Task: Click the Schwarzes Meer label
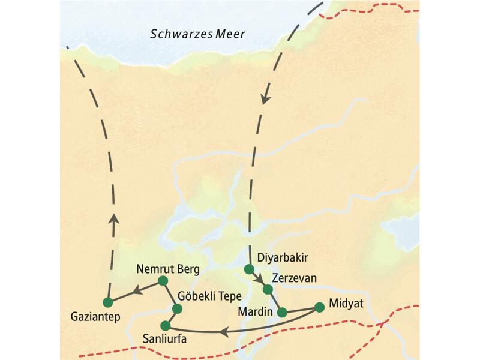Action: click(x=197, y=34)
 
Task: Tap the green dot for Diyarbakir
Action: click(x=249, y=269)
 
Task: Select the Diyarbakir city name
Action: click(x=282, y=258)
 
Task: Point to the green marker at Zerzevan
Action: click(x=268, y=290)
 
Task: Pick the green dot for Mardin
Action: click(x=282, y=312)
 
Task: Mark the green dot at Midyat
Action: click(x=319, y=307)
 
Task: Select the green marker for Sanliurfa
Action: click(x=166, y=326)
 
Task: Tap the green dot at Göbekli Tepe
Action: click(x=177, y=309)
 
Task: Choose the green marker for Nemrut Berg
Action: click(x=162, y=280)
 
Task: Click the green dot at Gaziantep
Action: click(x=108, y=302)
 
